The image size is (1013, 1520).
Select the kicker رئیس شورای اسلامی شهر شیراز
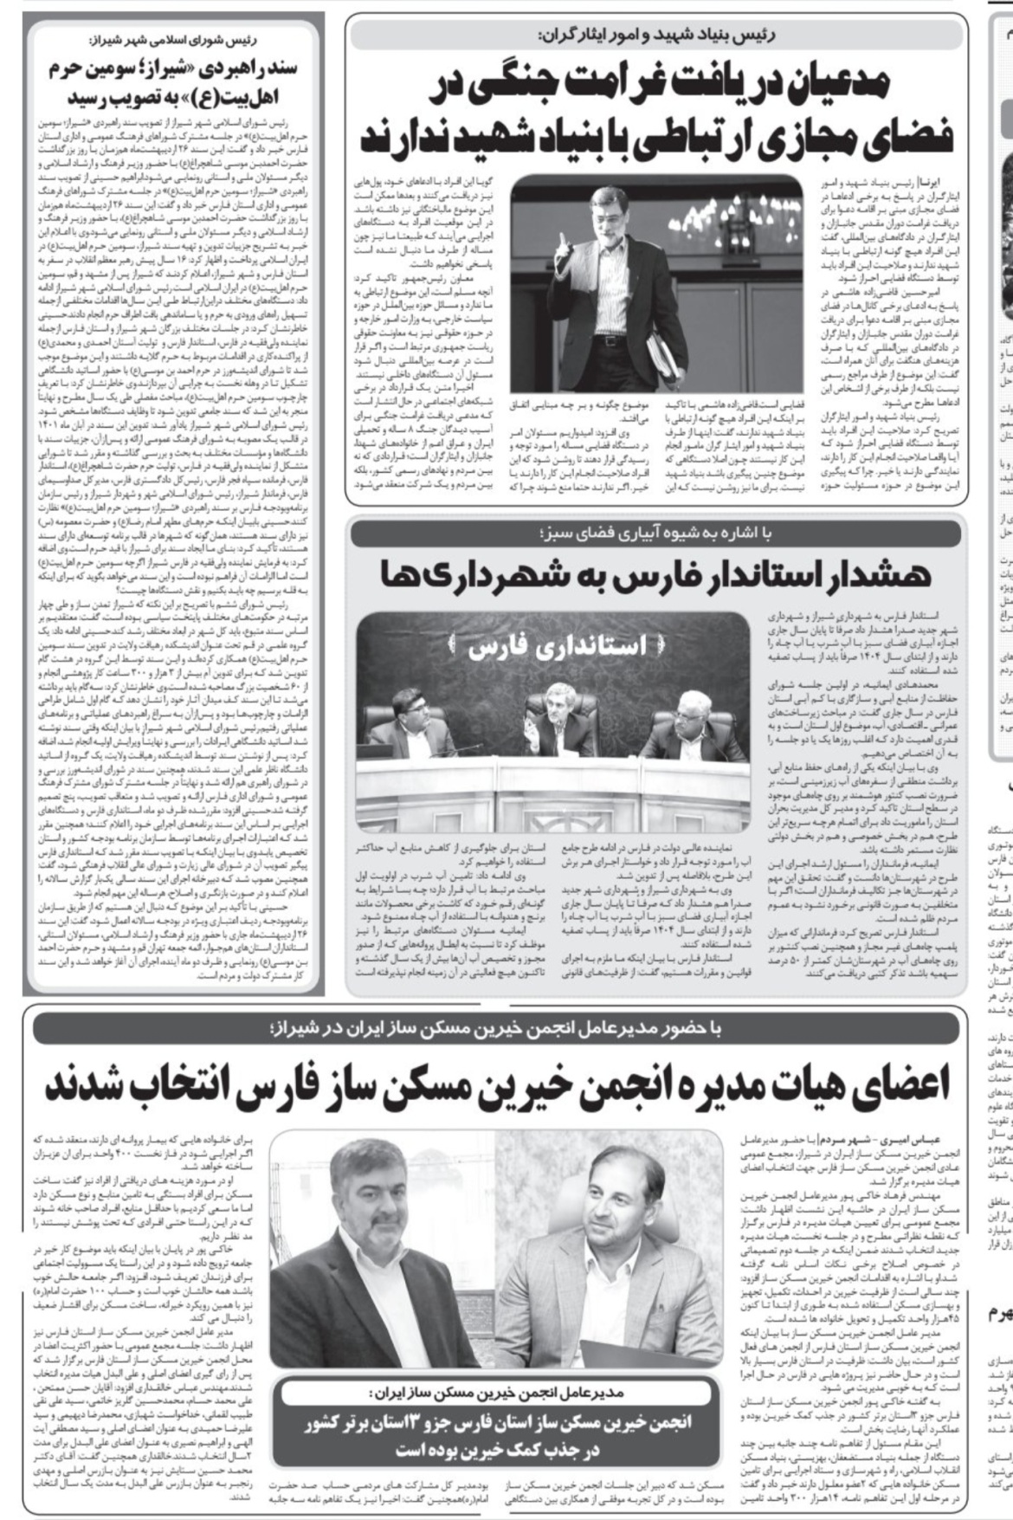[174, 40]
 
